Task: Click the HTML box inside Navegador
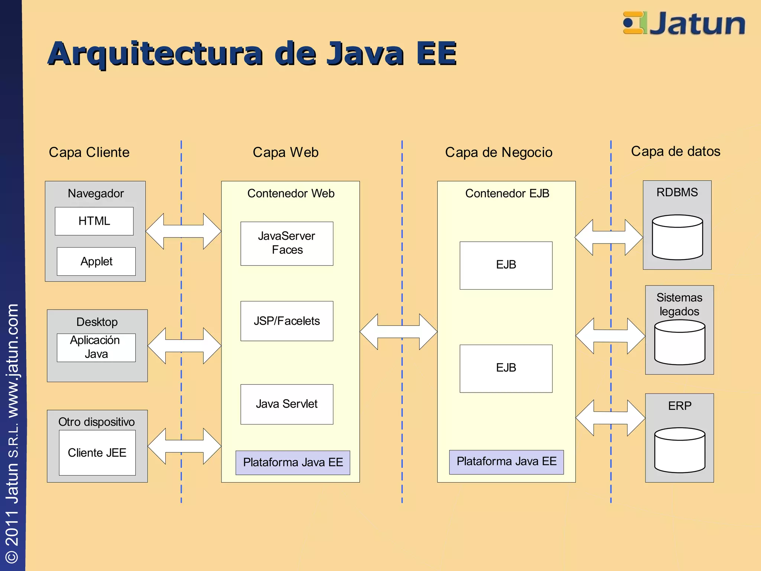coord(94,221)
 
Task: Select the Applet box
coord(96,261)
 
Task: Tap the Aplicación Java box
coord(96,348)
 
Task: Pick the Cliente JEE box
coord(97,453)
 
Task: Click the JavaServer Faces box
coord(286,243)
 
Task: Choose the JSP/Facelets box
coord(286,321)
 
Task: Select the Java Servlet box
coord(286,404)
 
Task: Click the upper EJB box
coord(506,265)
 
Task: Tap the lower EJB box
coord(506,368)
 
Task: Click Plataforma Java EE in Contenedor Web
coord(293,462)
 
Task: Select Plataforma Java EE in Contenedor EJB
coord(506,462)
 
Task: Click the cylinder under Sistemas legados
coord(679,342)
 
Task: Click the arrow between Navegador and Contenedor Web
coord(184,231)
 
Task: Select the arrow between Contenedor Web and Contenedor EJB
coord(398,332)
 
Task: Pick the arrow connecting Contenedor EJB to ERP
coord(610,418)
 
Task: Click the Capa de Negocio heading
coord(499,152)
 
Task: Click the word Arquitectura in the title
coord(155,54)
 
